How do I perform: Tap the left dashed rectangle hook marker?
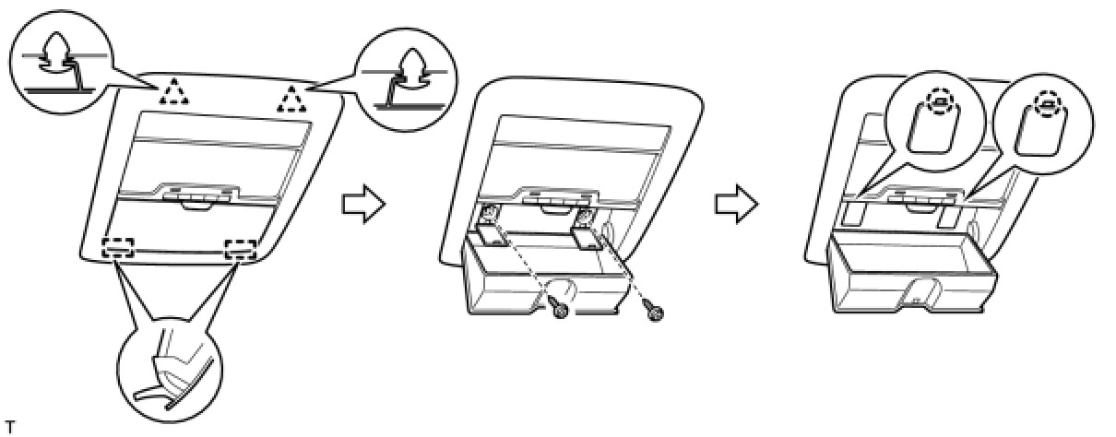[x=118, y=247]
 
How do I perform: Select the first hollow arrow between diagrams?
[x=362, y=205]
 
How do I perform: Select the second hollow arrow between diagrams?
[x=736, y=205]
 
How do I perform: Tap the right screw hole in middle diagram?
[x=584, y=218]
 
